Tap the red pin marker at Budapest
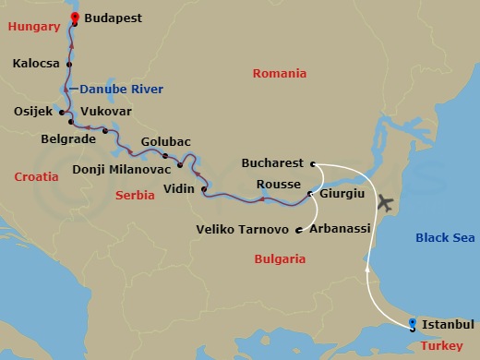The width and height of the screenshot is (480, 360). click(x=74, y=15)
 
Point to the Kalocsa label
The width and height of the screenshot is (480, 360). click(x=37, y=65)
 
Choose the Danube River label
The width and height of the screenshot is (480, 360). click(x=121, y=90)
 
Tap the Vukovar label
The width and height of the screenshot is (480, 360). click(x=106, y=111)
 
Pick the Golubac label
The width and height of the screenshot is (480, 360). click(x=166, y=141)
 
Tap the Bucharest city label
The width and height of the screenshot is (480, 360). click(x=272, y=162)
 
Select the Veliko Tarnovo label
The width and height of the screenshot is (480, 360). click(x=245, y=229)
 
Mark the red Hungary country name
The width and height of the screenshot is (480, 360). click(x=33, y=28)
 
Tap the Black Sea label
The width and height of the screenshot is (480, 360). click(x=445, y=237)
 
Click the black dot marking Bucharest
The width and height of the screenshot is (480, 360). click(x=313, y=163)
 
